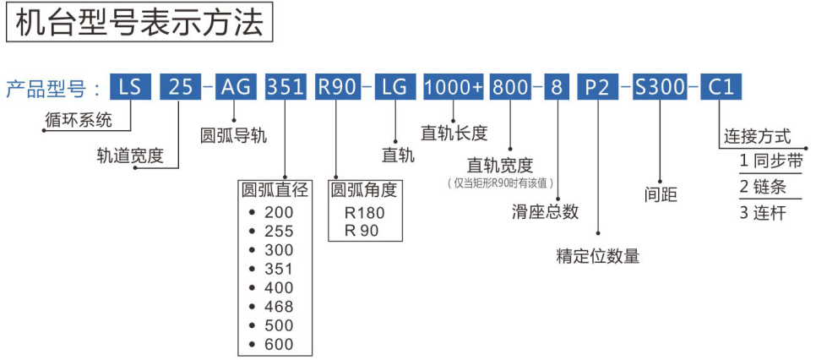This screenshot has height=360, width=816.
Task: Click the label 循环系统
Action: tap(78, 119)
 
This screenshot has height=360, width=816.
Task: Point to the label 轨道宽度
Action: tap(129, 155)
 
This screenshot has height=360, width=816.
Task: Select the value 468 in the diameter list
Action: tap(279, 307)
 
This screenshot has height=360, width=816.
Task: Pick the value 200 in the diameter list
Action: tap(279, 212)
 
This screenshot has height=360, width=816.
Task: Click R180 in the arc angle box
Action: tap(363, 213)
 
